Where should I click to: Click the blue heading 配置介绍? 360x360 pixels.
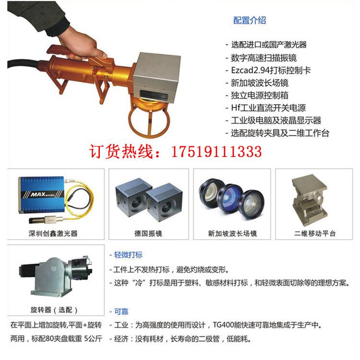pos(249,21)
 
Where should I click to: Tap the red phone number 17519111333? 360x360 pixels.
pos(216,152)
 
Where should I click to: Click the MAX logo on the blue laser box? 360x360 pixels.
pos(38,194)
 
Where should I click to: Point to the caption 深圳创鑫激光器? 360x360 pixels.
pos(53,233)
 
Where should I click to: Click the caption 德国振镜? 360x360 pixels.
pos(148,233)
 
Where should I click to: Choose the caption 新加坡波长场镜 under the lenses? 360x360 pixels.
pos(232,233)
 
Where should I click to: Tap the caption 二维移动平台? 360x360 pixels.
pos(315,233)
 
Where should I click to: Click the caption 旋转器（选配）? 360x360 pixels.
pos(54,310)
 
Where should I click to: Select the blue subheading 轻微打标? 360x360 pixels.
pos(128,254)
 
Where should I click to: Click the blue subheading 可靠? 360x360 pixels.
pos(121,312)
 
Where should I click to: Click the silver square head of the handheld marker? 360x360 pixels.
pos(156,77)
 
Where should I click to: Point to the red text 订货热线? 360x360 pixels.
pos(121,152)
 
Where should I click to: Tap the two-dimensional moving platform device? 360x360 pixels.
pos(309,200)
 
